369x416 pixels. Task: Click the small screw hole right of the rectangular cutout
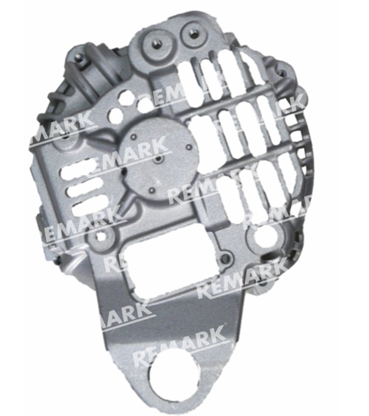(x=225, y=257)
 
